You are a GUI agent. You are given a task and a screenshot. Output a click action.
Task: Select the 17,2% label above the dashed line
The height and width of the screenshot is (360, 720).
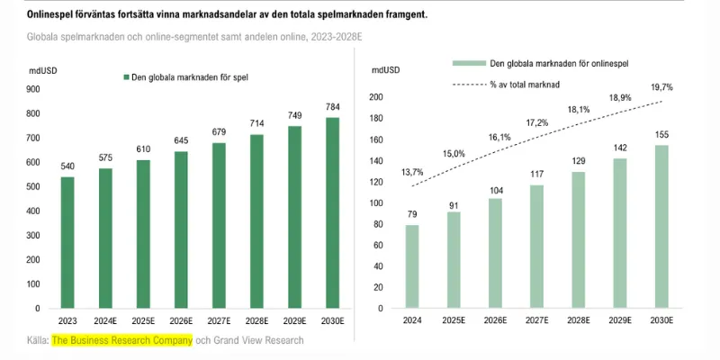536,122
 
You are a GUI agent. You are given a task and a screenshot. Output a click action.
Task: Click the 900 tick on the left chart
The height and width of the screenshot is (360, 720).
33,89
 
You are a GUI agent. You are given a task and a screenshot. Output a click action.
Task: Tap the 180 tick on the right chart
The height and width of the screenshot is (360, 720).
376,118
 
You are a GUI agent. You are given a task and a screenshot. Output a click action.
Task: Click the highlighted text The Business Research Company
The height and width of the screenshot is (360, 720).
121,340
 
